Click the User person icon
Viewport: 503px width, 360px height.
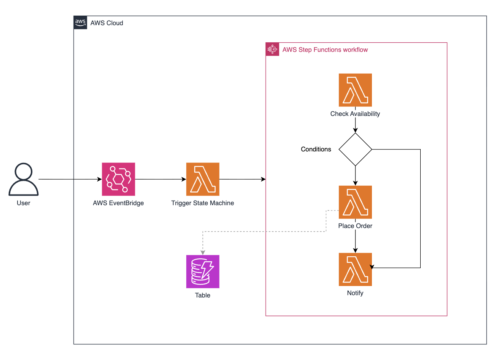point(23,179)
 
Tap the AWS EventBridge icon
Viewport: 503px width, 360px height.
point(119,179)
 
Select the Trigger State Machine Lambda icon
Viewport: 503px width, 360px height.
point(203,179)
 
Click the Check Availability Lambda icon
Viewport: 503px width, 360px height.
point(355,90)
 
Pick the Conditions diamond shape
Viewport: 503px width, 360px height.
point(355,149)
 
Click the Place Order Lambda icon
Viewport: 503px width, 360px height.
point(355,202)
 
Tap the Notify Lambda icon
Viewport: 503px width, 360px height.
point(355,269)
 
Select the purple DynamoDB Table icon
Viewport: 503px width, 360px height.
point(203,272)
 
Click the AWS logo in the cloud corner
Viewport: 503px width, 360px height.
point(80,22)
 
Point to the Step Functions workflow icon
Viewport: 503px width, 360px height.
point(272,49)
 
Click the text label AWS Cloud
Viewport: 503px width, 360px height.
point(107,23)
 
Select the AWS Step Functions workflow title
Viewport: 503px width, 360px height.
point(325,50)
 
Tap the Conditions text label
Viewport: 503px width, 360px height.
point(316,149)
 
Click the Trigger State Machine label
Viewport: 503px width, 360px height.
point(203,203)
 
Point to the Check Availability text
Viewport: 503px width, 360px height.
point(355,114)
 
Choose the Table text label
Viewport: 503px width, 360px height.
point(203,295)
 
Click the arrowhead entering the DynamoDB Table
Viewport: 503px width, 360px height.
point(203,252)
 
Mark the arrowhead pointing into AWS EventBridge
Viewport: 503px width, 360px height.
point(99,179)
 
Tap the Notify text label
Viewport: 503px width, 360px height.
point(355,293)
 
